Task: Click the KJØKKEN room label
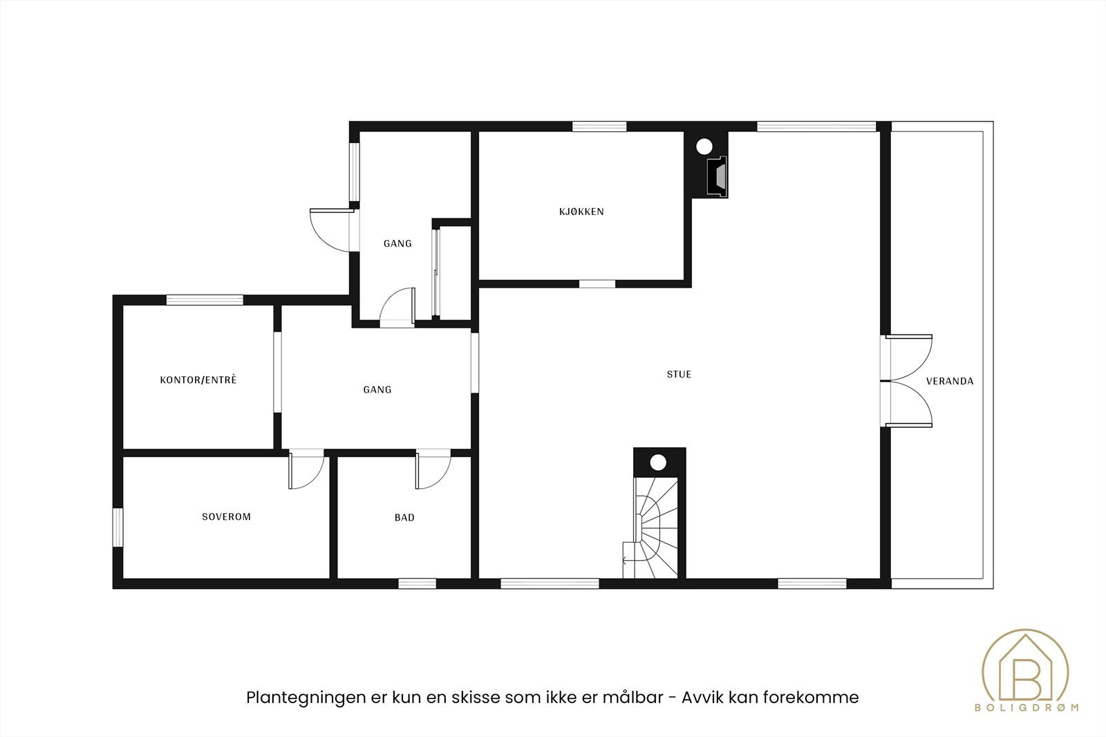coord(581,212)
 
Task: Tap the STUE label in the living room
coord(679,375)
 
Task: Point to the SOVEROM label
coord(226,516)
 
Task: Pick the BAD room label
coord(404,517)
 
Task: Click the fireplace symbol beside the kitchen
coord(717,176)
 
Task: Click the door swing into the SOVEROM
coord(306,470)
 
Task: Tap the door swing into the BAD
coord(433,470)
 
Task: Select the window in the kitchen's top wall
coord(599,127)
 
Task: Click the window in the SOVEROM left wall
coord(118,528)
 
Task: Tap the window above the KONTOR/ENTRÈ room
coord(205,300)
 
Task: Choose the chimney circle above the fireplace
coord(704,147)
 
